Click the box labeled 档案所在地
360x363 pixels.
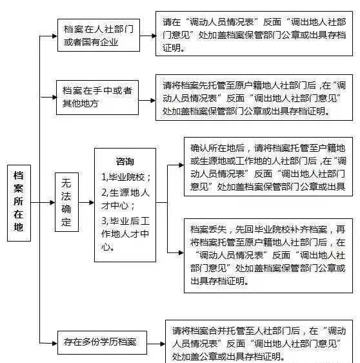[19, 203]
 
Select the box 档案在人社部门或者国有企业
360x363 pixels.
[99, 35]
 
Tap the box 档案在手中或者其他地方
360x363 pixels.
[97, 98]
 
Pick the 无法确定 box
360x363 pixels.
[66, 202]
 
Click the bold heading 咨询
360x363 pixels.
[125, 161]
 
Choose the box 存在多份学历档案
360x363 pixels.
[102, 342]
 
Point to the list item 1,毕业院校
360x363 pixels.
[126, 177]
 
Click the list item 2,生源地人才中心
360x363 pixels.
[125, 199]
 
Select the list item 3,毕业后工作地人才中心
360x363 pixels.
[125, 234]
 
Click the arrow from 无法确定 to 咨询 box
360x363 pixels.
[86, 203]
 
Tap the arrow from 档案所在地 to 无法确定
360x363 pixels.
[43, 203]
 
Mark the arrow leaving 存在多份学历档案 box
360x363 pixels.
[156, 344]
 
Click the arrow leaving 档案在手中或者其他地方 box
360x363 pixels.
[147, 101]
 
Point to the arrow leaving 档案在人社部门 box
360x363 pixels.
[148, 36]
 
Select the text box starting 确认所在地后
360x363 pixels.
[268, 167]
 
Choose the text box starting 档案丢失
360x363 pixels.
[268, 256]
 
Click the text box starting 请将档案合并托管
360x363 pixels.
[259, 342]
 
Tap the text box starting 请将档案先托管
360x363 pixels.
[254, 98]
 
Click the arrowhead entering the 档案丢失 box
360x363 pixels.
[181, 253]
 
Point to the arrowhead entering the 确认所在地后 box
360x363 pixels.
[181, 165]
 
